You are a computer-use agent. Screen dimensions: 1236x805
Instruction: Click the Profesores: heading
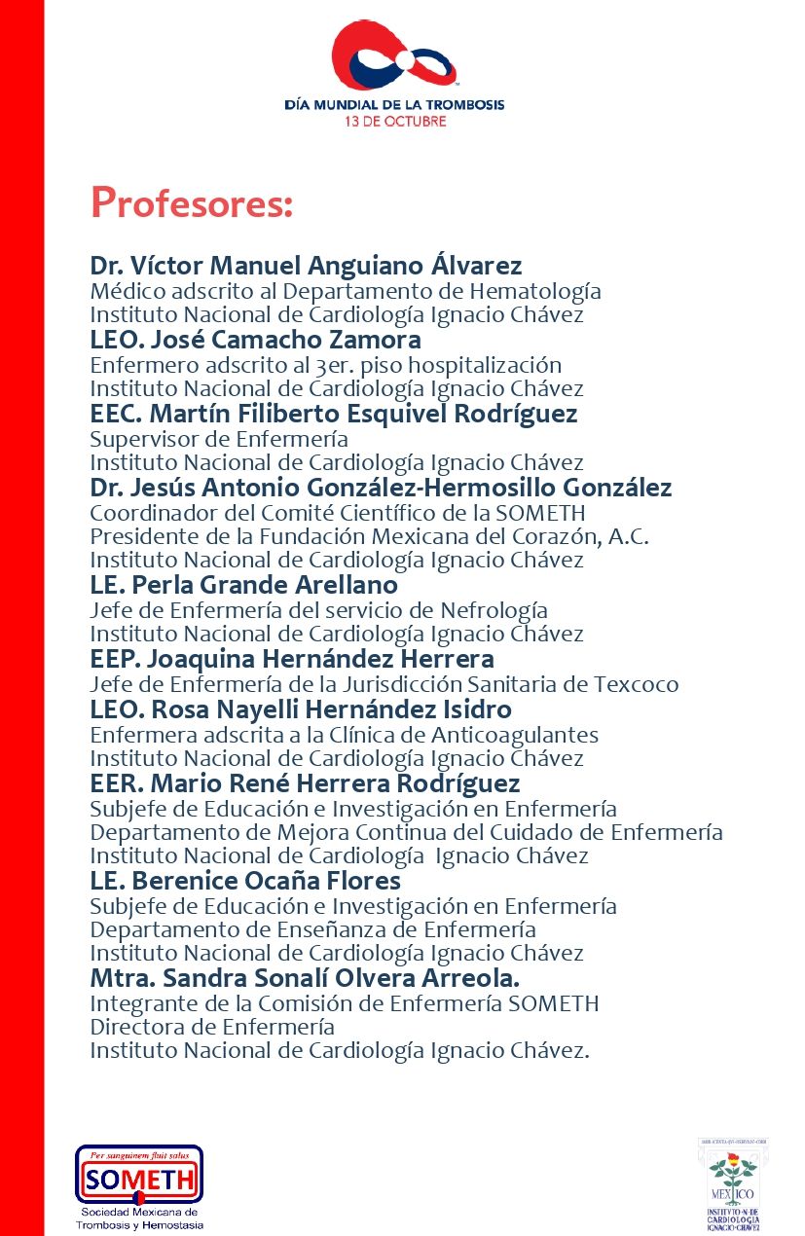tap(191, 202)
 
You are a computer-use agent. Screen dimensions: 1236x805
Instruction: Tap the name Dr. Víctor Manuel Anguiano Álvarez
tap(306, 266)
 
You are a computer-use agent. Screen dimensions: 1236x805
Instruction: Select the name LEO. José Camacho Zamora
tap(255, 340)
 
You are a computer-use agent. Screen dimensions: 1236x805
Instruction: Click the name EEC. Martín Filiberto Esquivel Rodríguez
tap(333, 414)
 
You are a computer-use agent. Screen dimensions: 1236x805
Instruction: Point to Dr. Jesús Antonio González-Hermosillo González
tap(381, 488)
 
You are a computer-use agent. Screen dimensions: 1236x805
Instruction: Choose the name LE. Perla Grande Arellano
tap(243, 585)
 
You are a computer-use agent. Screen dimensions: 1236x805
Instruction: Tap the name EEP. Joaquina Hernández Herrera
tap(292, 660)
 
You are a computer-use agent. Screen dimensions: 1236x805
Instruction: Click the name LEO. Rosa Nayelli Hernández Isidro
tap(301, 709)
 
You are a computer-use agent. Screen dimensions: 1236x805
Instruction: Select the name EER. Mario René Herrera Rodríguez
tap(305, 783)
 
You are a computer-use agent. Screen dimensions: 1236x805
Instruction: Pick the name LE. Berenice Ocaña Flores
tap(245, 881)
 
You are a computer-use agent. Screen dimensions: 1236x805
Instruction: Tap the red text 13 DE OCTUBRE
tap(394, 122)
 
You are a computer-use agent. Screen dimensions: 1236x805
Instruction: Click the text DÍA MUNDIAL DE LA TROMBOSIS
tap(394, 104)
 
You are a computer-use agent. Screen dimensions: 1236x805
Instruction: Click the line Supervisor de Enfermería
tap(219, 438)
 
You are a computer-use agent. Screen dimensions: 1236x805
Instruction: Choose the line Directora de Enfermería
tap(212, 1027)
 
